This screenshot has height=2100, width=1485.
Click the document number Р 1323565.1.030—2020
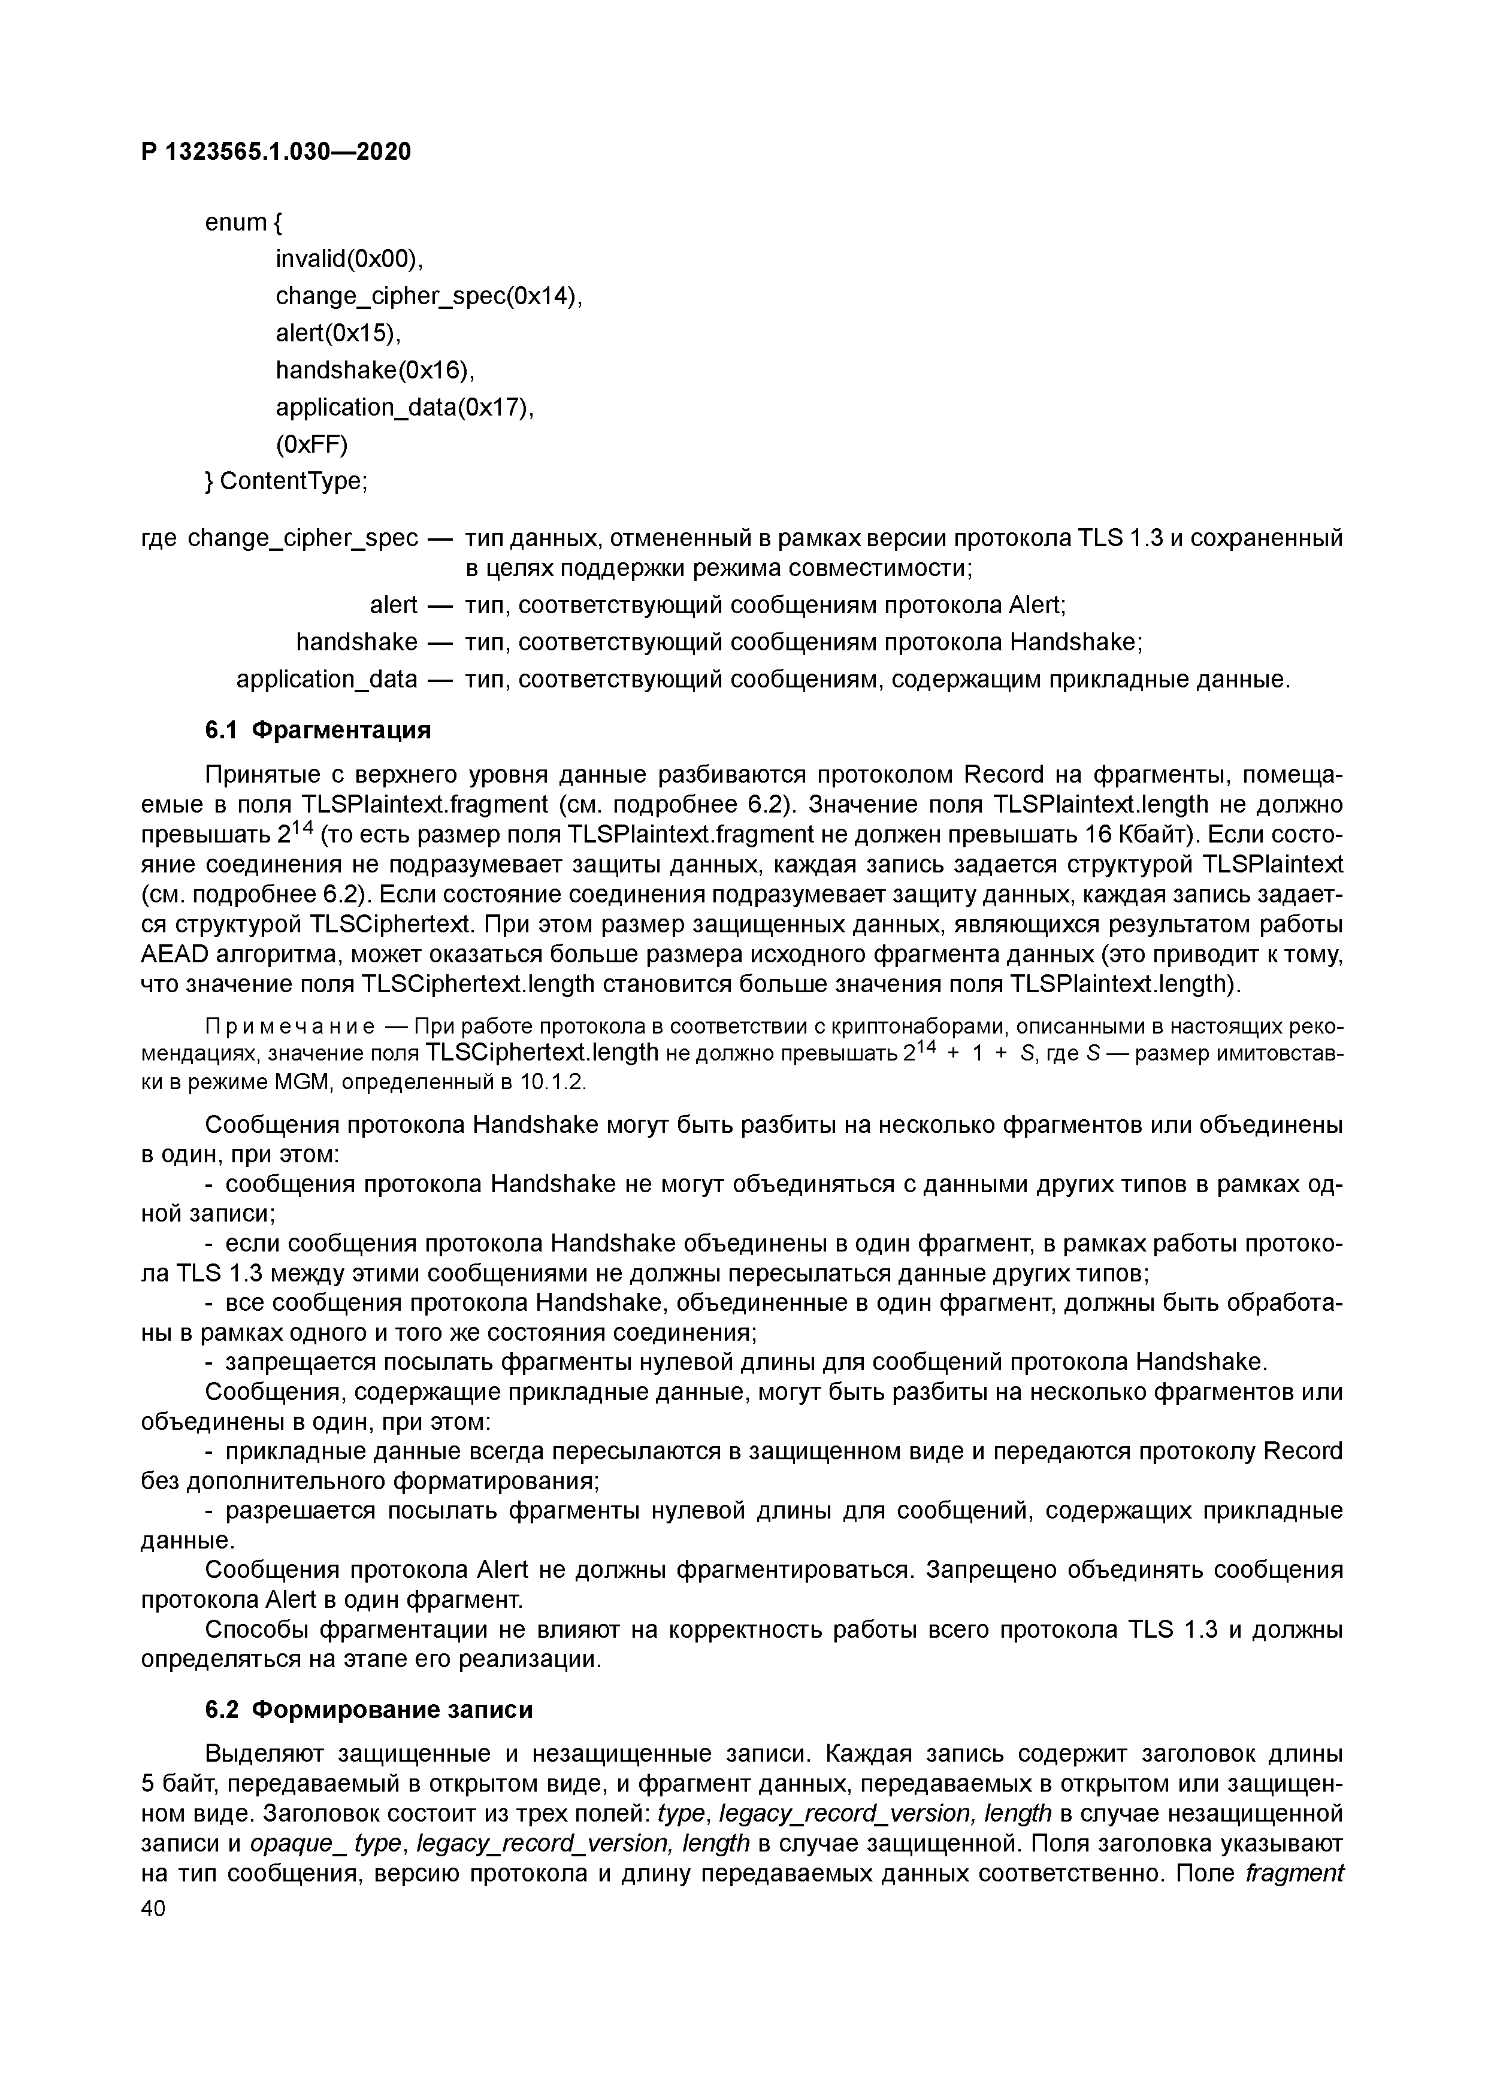276,152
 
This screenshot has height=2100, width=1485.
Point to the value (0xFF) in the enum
312,444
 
